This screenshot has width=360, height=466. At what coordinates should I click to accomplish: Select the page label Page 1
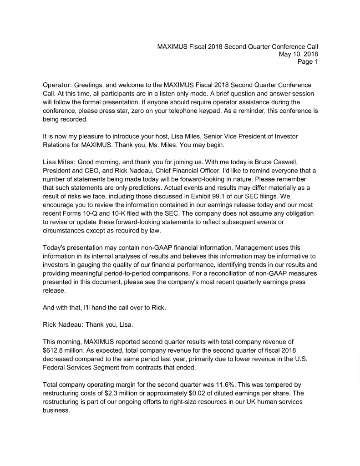(308, 62)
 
